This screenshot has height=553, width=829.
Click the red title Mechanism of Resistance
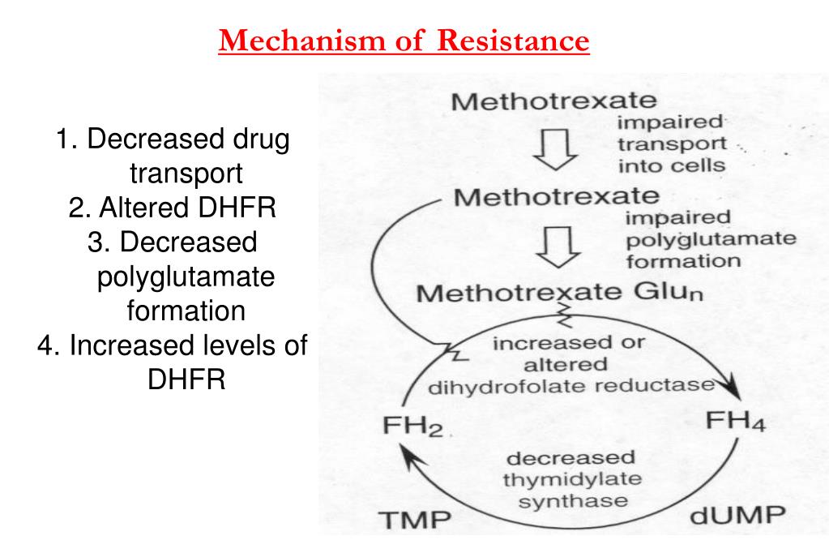pyautogui.click(x=404, y=39)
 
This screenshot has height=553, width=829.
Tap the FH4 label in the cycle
pyautogui.click(x=735, y=422)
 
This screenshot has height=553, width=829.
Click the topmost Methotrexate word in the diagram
pyautogui.click(x=553, y=103)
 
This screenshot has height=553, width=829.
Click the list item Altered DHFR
pyautogui.click(x=173, y=208)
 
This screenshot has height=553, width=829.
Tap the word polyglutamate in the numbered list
pyautogui.click(x=186, y=276)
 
